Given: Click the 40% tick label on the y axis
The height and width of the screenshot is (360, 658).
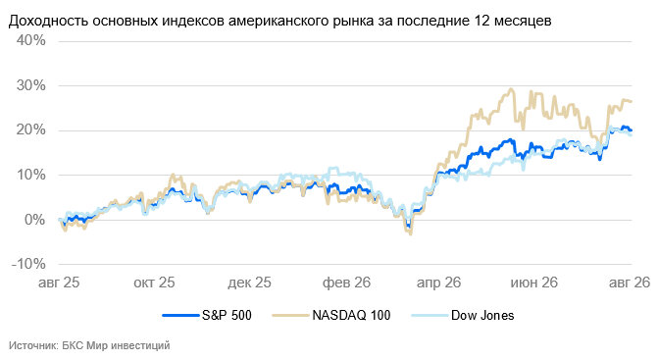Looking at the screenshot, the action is (x=31, y=40).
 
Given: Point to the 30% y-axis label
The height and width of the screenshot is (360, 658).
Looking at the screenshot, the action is (x=31, y=85).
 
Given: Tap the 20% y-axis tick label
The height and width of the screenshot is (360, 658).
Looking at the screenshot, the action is (x=31, y=130).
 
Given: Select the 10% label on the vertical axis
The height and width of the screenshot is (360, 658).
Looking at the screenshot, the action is (x=31, y=175).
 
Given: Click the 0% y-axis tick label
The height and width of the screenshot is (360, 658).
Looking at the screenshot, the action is (x=35, y=220).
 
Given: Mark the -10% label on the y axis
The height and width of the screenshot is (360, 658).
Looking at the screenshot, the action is (x=29, y=264).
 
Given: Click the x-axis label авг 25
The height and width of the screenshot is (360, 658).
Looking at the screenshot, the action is (x=59, y=283).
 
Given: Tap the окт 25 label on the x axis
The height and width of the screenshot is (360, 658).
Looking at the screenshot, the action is (x=154, y=283).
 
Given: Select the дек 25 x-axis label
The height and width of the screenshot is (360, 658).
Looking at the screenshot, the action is (x=249, y=283).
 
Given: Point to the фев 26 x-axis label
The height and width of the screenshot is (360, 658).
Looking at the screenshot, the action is (x=346, y=283).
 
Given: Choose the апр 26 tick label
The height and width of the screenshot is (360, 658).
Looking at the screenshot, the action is (x=439, y=283).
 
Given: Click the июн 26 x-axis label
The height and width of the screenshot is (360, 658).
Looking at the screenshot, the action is (x=533, y=283).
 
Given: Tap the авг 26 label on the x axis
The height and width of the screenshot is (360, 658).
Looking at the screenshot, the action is (x=630, y=283).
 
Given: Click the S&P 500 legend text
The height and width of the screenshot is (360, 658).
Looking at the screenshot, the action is (x=227, y=315).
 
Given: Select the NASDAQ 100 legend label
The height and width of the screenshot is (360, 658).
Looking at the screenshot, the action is (x=351, y=315).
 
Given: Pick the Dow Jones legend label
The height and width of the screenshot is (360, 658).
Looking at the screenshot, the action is (x=482, y=315).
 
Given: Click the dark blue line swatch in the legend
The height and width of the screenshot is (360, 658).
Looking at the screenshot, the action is (x=180, y=315).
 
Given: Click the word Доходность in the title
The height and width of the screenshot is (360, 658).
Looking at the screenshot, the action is (x=48, y=21).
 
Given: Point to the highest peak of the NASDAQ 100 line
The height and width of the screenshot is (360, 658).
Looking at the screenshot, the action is (x=511, y=89).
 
